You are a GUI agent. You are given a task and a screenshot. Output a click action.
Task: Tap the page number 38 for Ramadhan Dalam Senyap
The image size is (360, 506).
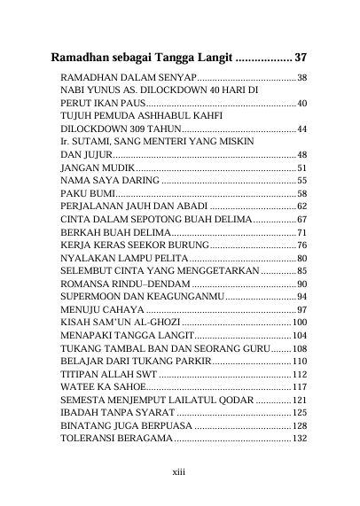coord(301,79)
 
